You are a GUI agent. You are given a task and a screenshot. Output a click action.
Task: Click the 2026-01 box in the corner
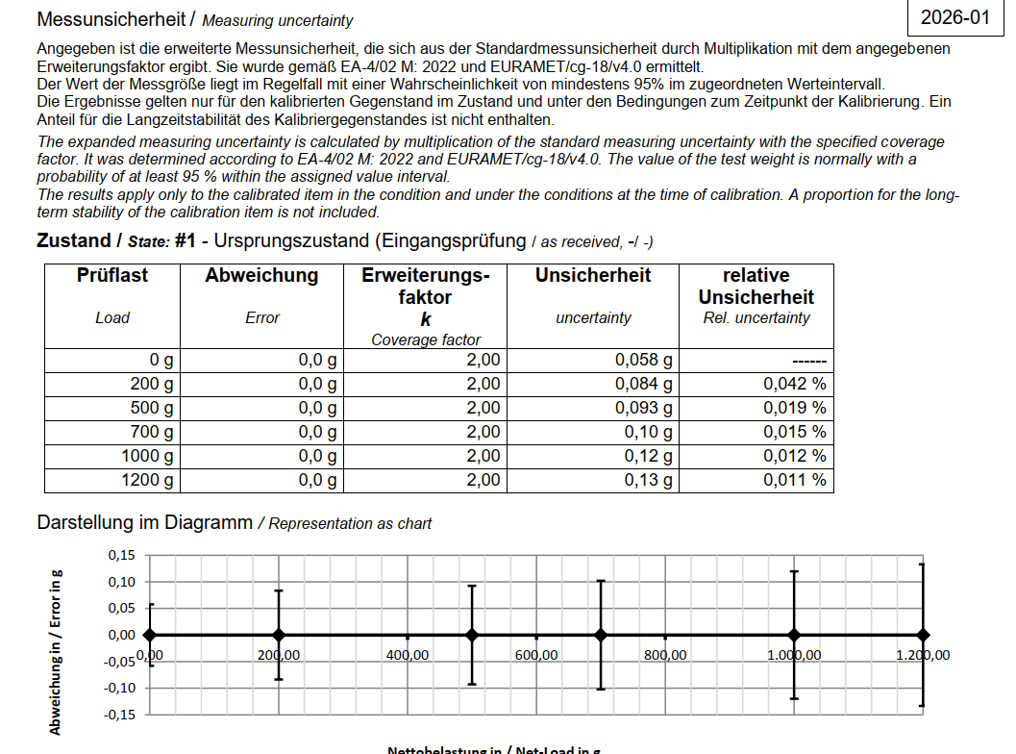coord(954,18)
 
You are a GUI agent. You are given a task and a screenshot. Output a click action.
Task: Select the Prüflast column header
coord(112,276)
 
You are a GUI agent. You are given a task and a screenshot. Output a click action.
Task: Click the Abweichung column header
coord(261,276)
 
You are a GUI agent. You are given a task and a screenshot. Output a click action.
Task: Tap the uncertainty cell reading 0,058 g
coord(643,361)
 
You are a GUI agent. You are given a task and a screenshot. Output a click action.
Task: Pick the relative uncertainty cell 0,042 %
coord(794,384)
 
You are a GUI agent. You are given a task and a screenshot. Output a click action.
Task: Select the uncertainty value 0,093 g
coord(643,408)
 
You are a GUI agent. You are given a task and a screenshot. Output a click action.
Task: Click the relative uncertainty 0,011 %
coord(794,480)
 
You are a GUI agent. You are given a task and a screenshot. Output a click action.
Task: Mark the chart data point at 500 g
coord(472,635)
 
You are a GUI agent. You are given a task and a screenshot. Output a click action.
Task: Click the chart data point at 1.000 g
coord(794,635)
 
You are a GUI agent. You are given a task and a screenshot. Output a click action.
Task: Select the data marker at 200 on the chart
coord(279,635)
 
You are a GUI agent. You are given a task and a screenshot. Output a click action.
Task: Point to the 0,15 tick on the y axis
coord(122,555)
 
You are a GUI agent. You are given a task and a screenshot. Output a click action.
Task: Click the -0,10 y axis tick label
coord(120,688)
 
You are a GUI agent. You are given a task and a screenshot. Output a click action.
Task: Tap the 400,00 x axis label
coord(408,655)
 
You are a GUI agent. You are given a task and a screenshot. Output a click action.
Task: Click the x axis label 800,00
coord(665,655)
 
